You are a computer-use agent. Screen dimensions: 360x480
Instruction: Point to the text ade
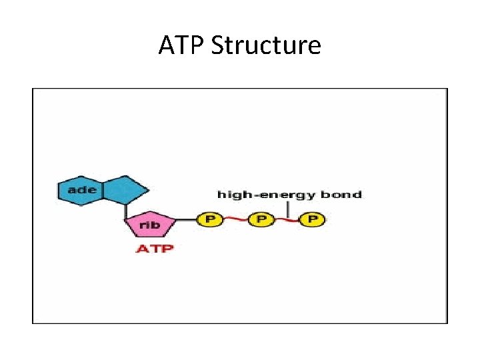pos(82,190)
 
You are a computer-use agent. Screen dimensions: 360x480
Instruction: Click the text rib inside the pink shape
pos(151,225)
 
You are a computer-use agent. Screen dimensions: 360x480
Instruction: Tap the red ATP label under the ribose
pos(155,249)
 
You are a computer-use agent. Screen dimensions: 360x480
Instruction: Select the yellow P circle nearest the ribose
pos(209,219)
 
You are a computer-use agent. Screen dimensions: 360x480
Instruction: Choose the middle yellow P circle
pos(261,219)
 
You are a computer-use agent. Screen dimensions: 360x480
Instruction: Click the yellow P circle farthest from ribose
pos(312,219)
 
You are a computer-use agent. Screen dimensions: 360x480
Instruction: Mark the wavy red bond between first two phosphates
pos(235,219)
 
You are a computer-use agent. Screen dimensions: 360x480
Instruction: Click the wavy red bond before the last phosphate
pos(287,219)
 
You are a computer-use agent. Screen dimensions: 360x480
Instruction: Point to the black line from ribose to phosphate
pos(187,219)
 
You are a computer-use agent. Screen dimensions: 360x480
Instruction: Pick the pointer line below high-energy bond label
pos(288,209)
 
